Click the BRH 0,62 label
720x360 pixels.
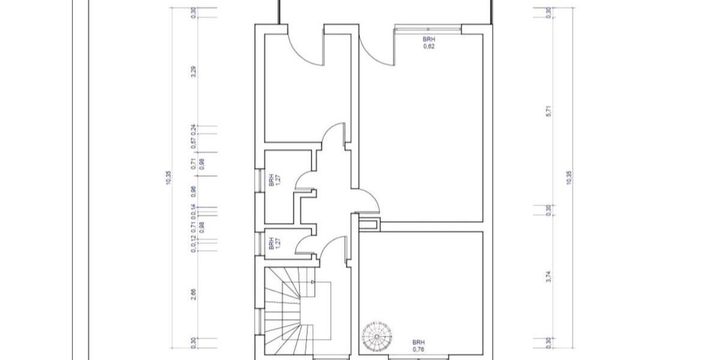point(429,42)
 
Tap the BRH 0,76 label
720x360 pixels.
point(419,344)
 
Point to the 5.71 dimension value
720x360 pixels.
point(548,110)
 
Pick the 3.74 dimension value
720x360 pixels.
point(548,277)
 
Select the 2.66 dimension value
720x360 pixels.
point(193,293)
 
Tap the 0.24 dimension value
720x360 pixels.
point(193,129)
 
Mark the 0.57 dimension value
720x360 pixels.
point(193,143)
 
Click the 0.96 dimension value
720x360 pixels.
point(193,191)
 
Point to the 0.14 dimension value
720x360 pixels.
point(193,210)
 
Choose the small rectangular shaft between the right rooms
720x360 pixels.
point(368,224)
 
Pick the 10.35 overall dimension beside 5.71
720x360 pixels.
point(569,178)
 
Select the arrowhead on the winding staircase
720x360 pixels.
point(313,281)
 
